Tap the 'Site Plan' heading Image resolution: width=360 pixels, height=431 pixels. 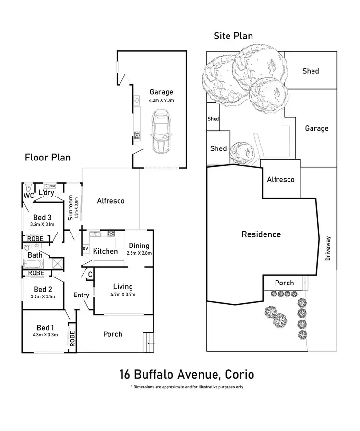[233, 36]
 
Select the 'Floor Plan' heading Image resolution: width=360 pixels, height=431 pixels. [48, 157]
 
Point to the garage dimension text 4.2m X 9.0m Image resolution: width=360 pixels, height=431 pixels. [161, 100]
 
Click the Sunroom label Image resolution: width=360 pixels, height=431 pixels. [71, 207]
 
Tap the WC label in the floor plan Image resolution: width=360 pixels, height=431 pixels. [29, 196]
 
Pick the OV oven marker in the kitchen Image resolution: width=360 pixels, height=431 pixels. [85, 248]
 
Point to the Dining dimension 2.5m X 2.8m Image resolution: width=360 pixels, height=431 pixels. [139, 253]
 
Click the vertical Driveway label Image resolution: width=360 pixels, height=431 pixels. [328, 248]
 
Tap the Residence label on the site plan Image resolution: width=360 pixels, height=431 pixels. [261, 234]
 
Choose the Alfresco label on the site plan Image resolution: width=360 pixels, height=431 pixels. [281, 179]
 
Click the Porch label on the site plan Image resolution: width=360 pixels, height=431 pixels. [284, 283]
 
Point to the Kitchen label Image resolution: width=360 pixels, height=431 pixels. [105, 251]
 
